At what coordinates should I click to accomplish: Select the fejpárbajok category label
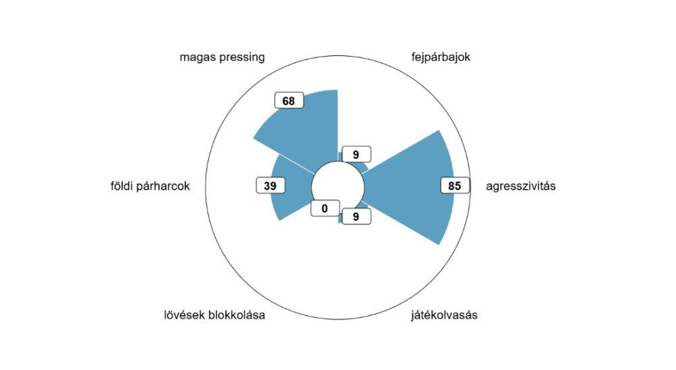pos(441,57)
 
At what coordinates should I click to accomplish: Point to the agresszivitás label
pos(521,186)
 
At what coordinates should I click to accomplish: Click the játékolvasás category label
pos(444,315)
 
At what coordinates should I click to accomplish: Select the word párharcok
pos(163,186)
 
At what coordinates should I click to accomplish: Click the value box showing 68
pos(289,101)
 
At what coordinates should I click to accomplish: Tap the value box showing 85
pos(455,186)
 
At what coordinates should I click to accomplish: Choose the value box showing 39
pos(270,186)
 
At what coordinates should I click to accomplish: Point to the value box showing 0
pos(325,209)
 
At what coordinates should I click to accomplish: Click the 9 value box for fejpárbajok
pos(356,154)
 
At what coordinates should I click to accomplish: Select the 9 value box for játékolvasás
pos(356,217)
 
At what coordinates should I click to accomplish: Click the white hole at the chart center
pos(338,188)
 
